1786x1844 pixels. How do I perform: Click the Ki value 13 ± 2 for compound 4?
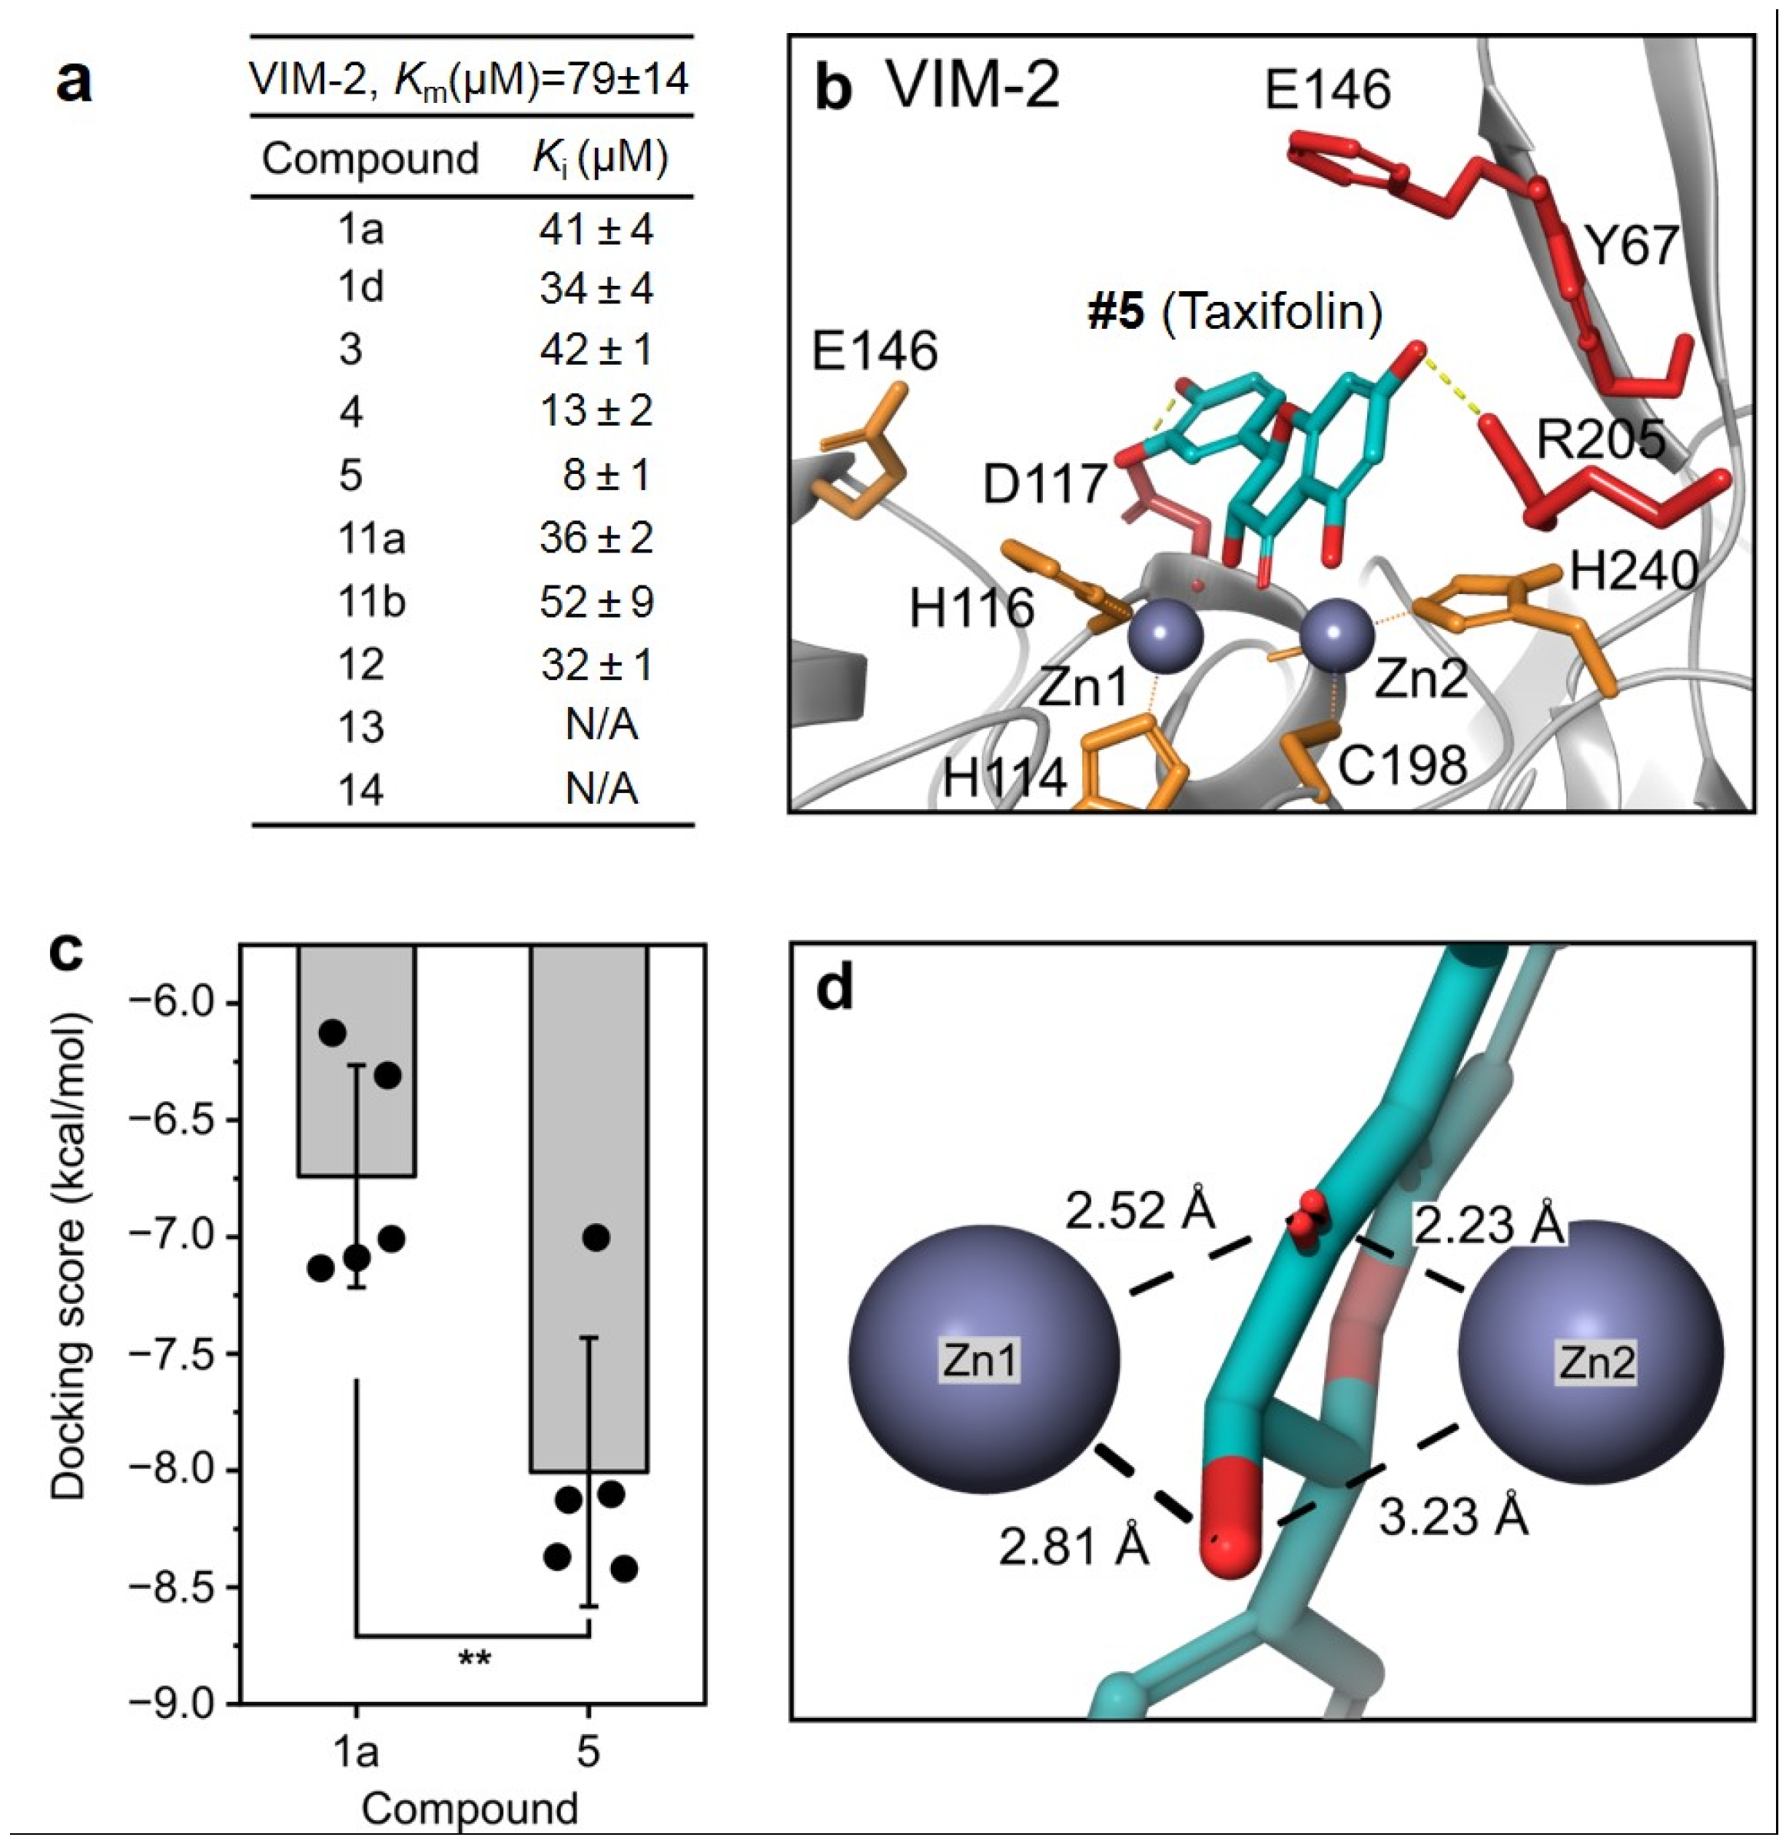[596, 411]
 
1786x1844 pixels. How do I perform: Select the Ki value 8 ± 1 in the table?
[608, 474]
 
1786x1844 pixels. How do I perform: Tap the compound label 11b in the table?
[372, 601]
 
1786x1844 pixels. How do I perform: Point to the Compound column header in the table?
[370, 158]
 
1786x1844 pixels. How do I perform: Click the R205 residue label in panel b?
[1601, 439]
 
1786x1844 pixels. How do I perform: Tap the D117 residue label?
[1044, 486]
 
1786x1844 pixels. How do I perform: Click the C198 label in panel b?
[1402, 766]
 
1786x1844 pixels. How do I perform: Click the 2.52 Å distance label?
[1140, 1211]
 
